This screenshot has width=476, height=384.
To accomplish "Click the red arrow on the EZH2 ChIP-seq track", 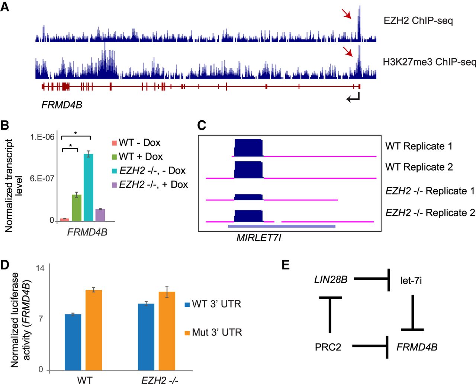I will [347, 14].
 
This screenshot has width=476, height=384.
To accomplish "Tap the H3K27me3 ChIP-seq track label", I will [429, 62].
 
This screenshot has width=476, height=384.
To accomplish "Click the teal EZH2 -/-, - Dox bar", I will [88, 187].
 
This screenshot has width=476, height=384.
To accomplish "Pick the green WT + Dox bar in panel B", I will [77, 207].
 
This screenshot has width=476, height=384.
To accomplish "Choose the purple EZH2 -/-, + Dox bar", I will [100, 215].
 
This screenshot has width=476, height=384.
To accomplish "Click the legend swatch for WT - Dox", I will [114, 143].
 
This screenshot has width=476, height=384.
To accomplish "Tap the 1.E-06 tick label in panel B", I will [42, 137].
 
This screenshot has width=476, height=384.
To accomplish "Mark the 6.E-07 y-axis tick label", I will [42, 178].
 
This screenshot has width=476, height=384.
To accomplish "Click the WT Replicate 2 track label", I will [419, 167].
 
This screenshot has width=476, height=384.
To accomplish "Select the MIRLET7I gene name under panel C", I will [259, 238].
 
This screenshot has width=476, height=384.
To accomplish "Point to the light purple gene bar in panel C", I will [282, 226].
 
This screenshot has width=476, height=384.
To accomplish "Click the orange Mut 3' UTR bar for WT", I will [94, 330].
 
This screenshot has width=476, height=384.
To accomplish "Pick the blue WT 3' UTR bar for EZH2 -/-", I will [146, 337].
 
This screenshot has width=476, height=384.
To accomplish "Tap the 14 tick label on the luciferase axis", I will [40, 268].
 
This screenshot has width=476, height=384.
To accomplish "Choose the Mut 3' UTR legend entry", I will [213, 332].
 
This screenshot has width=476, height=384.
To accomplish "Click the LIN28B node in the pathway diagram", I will [331, 279].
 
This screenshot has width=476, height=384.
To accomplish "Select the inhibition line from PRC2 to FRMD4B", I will [370, 347].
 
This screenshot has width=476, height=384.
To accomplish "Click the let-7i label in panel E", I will [411, 280].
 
